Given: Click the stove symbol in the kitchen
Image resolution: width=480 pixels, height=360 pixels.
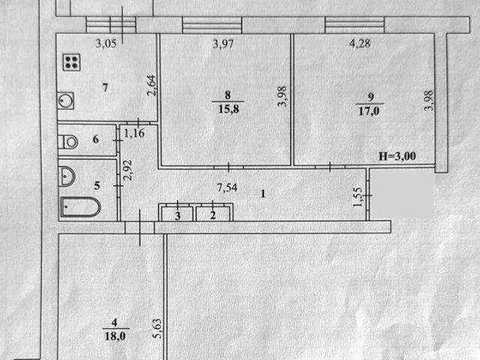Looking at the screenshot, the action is point(73,62).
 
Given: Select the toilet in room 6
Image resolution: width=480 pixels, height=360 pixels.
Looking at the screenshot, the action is point(69,140).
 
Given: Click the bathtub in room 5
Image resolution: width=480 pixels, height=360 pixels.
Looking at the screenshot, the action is point(79,206).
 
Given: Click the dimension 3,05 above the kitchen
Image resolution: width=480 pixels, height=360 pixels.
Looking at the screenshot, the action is point(107,43).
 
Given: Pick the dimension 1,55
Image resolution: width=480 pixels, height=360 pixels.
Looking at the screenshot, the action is point(356,196).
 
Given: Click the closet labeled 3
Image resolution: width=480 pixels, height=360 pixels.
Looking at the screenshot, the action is point(177,215).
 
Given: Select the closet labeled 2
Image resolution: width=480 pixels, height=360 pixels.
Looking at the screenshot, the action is point(213,215).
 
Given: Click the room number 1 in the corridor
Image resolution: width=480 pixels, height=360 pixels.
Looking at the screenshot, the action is point(262,193).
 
